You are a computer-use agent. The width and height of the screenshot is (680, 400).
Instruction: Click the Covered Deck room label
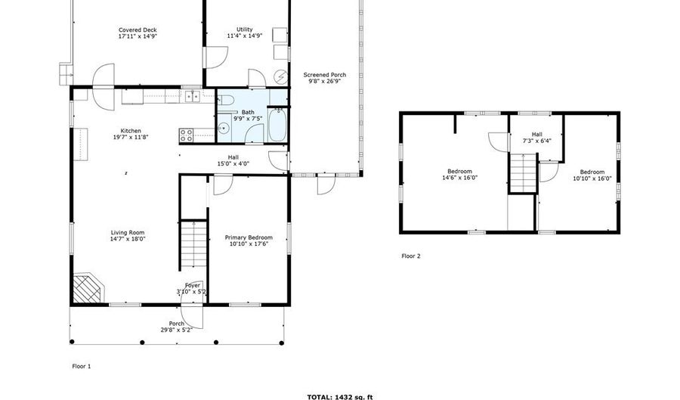[138, 33]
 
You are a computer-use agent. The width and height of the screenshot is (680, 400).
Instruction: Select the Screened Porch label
[325, 78]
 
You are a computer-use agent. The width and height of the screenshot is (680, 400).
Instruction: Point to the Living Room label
[127, 235]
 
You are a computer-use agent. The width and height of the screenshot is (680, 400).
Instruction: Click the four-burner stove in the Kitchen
[187, 135]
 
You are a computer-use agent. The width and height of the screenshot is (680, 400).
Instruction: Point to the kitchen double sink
[191, 96]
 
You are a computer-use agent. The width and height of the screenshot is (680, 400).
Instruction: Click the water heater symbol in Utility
[280, 76]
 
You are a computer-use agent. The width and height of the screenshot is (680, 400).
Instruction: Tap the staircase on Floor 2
[522, 172]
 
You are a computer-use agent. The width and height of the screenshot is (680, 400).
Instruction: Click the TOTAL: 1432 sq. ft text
[339, 395]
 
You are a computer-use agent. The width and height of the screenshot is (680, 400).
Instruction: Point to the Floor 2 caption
[410, 256]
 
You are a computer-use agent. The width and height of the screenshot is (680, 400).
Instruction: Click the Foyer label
[193, 288]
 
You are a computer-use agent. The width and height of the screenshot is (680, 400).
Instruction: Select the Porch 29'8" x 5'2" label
[176, 327]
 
